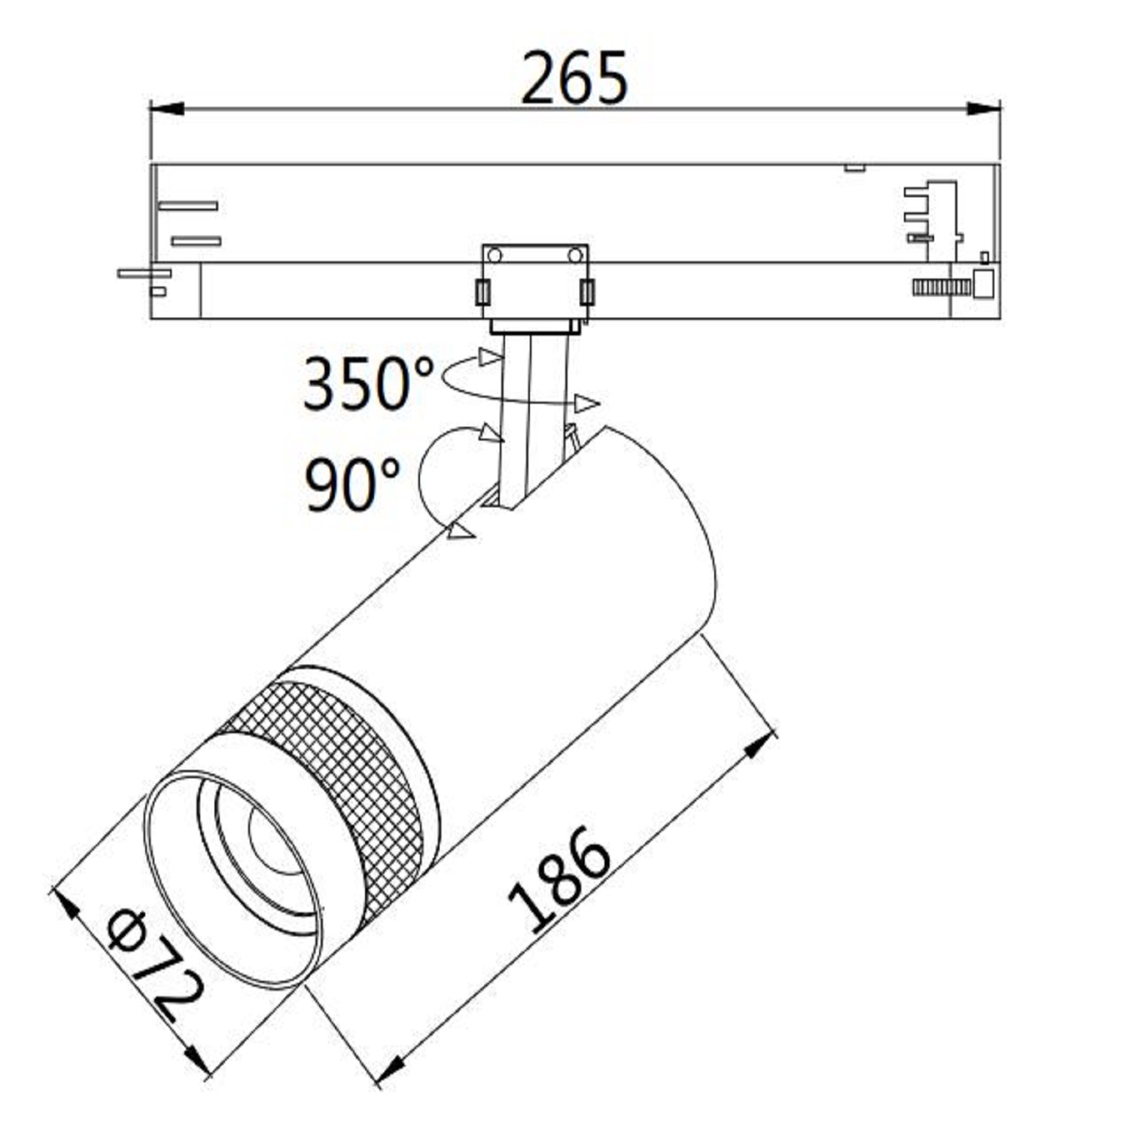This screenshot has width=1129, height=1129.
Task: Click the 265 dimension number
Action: [574, 78]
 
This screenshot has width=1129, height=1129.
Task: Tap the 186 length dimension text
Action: [558, 878]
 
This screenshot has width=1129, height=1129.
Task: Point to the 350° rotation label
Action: [368, 383]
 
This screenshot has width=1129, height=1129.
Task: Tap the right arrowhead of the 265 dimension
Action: [984, 109]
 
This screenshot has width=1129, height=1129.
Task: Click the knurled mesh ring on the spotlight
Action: [331, 783]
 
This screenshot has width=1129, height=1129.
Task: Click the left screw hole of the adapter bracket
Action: [495, 255]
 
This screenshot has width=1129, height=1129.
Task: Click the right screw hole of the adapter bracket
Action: [576, 255]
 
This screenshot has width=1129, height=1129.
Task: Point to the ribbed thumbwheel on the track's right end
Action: [941, 287]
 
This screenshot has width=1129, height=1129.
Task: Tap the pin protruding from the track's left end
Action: [143, 273]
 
